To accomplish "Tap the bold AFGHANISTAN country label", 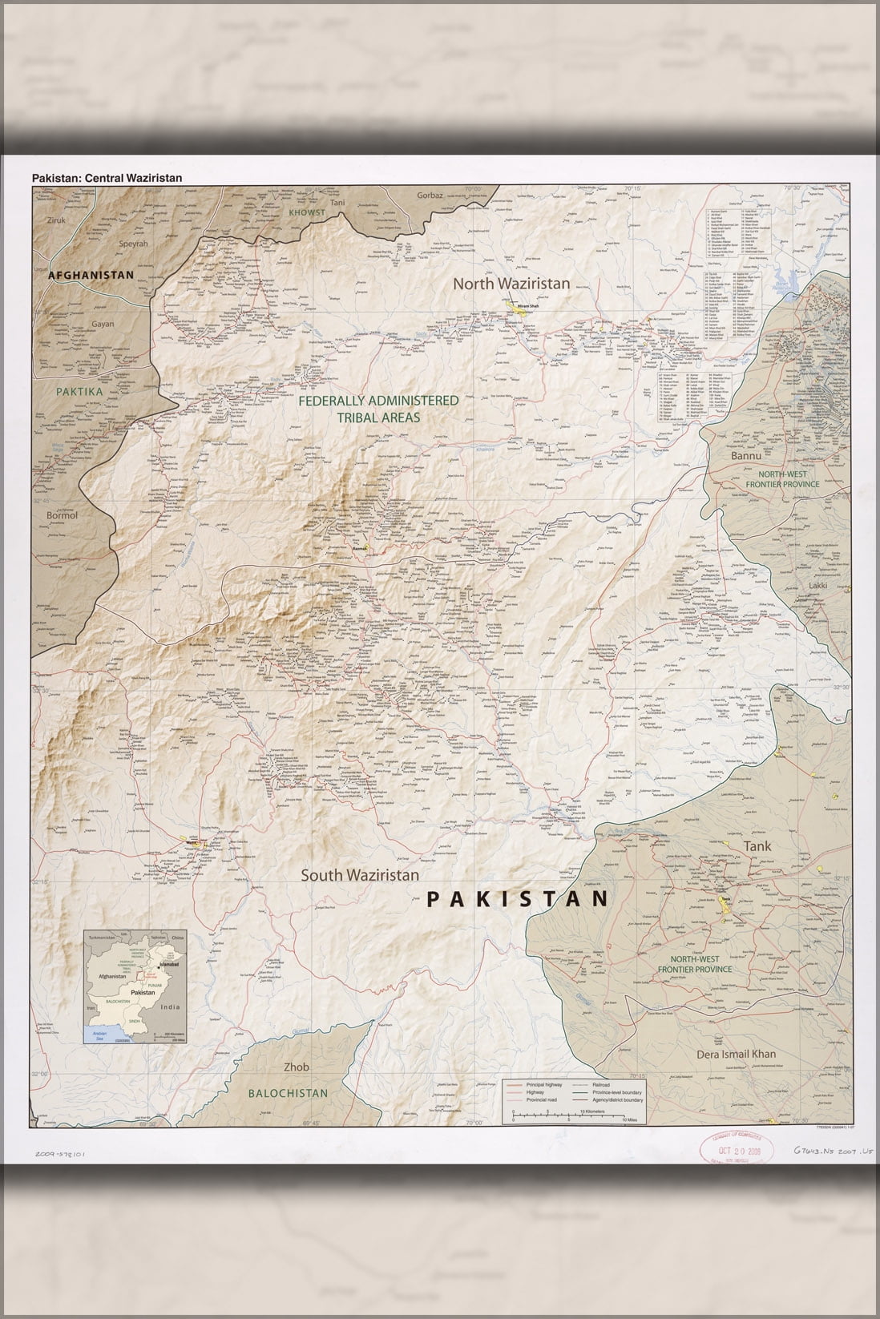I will pos(91,275).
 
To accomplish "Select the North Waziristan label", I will pos(511,284).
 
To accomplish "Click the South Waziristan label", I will pos(360,876).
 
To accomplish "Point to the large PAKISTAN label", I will pos(518,899).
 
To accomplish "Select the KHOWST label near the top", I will pos(307,213).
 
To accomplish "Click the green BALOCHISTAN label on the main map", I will pos(287,1093).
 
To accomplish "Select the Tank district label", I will pos(757,846).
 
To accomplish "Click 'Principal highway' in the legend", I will pos(544,1084).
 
